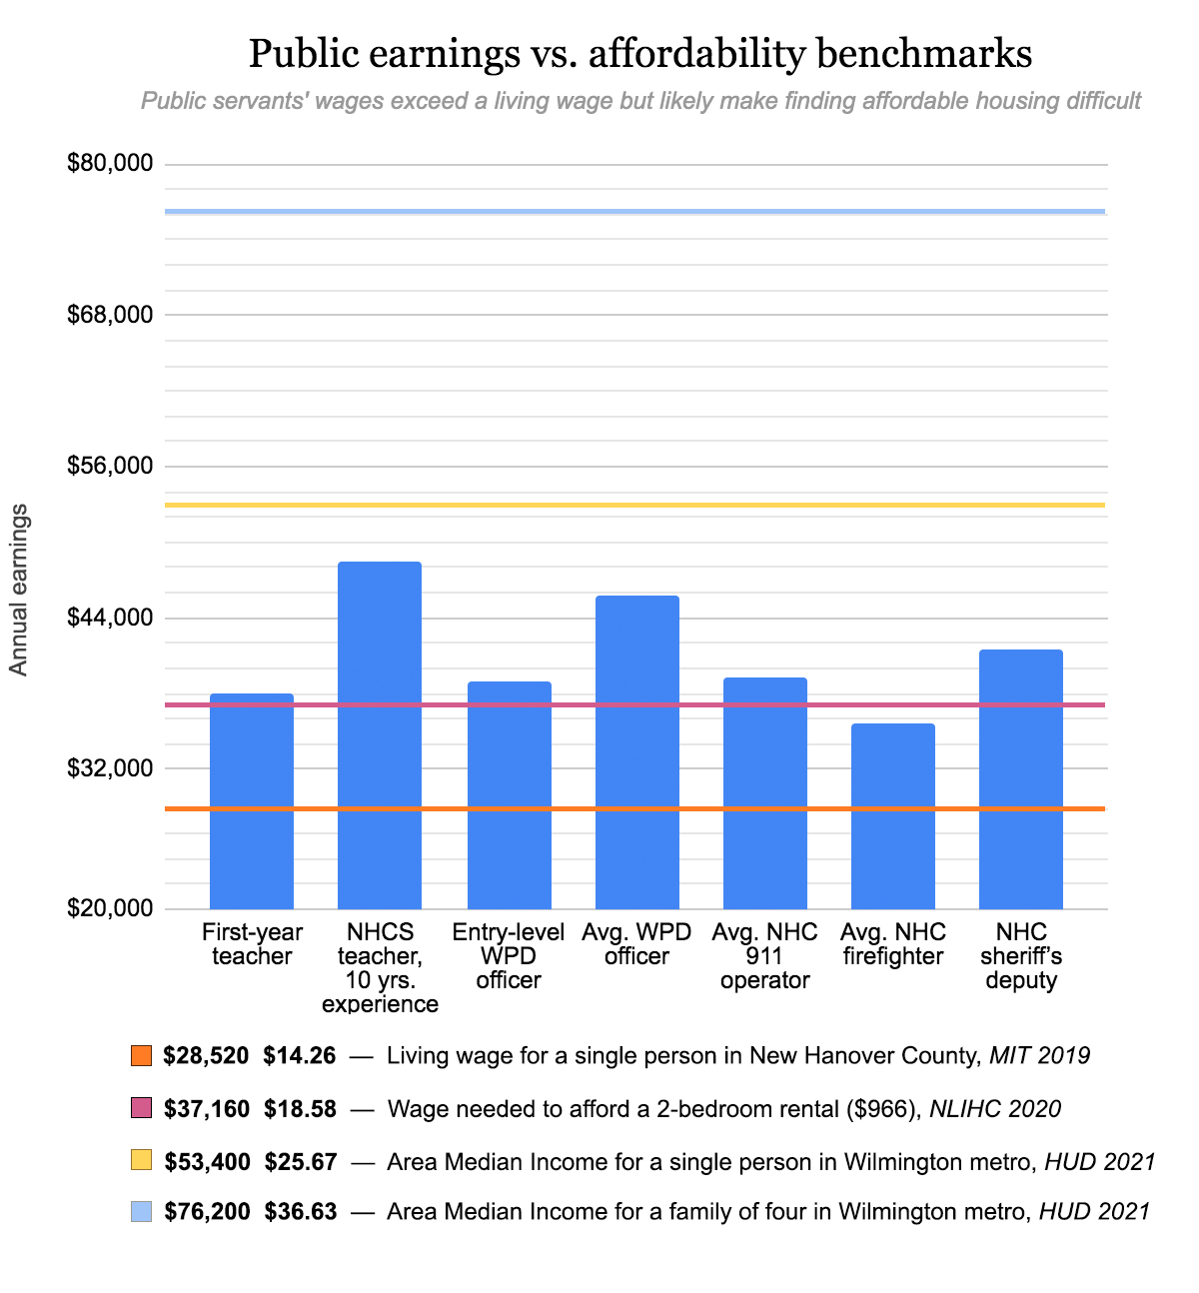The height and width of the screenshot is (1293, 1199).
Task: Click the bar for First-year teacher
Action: coord(252,800)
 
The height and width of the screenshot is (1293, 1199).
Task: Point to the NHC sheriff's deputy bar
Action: coord(1020,778)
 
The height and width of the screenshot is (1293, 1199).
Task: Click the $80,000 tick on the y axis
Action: coord(110,163)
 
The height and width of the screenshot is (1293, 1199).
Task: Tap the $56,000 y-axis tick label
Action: coord(110,466)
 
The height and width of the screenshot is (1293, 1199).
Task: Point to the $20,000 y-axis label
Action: coord(110,908)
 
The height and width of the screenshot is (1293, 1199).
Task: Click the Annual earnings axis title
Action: coord(19,590)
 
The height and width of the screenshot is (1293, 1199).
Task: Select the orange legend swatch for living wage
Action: coord(141,1055)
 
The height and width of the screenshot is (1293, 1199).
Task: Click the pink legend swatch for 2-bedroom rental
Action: coord(141,1108)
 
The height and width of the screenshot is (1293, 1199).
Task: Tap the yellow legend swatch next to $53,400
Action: coord(141,1160)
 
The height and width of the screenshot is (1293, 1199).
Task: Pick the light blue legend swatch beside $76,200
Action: coord(141,1212)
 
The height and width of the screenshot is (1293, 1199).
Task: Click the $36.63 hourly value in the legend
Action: coord(300,1212)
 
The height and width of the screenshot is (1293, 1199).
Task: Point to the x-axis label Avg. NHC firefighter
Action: coord(892,944)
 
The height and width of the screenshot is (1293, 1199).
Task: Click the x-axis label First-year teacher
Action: coord(252,944)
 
